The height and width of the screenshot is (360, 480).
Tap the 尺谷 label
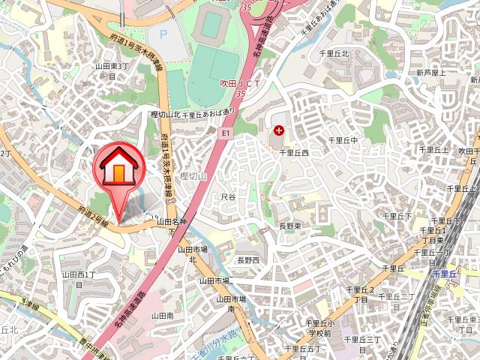coord(228,196)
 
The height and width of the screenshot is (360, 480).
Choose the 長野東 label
coord(289,225)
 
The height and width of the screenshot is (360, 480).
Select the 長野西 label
coord(247,260)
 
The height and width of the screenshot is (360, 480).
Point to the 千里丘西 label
coord(295,152)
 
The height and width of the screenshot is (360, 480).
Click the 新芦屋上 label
coord(431,73)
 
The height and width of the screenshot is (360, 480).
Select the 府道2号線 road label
coord(94,217)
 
